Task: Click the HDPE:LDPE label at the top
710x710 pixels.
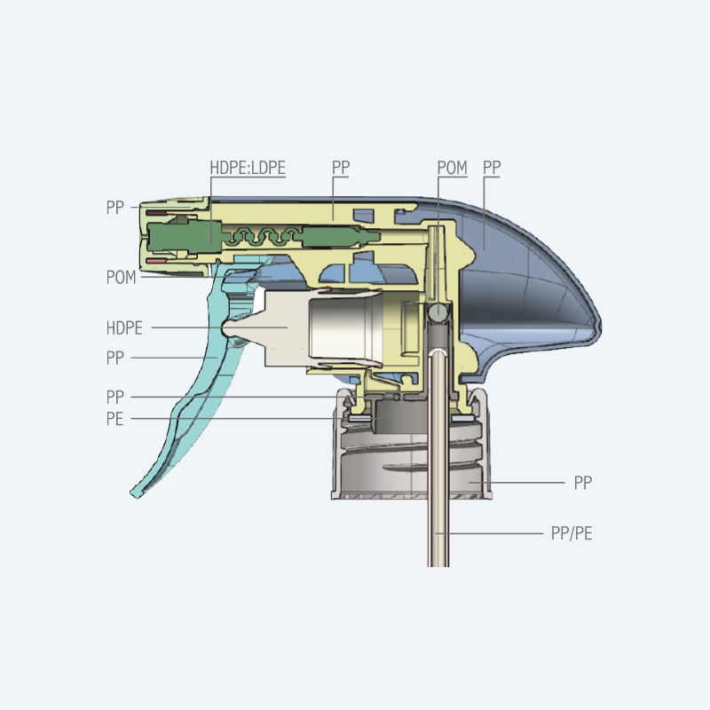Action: [248, 168]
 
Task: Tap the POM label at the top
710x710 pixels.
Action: [452, 168]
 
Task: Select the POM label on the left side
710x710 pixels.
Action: [121, 277]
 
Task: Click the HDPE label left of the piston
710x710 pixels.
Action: [124, 327]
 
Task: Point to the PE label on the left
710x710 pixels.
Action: [114, 419]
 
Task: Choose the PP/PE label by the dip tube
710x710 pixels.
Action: [572, 533]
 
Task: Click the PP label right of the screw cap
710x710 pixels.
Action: [583, 483]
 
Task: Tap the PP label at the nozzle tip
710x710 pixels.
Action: [114, 208]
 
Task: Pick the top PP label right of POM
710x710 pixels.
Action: [492, 168]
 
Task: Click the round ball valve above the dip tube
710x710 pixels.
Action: [438, 312]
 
